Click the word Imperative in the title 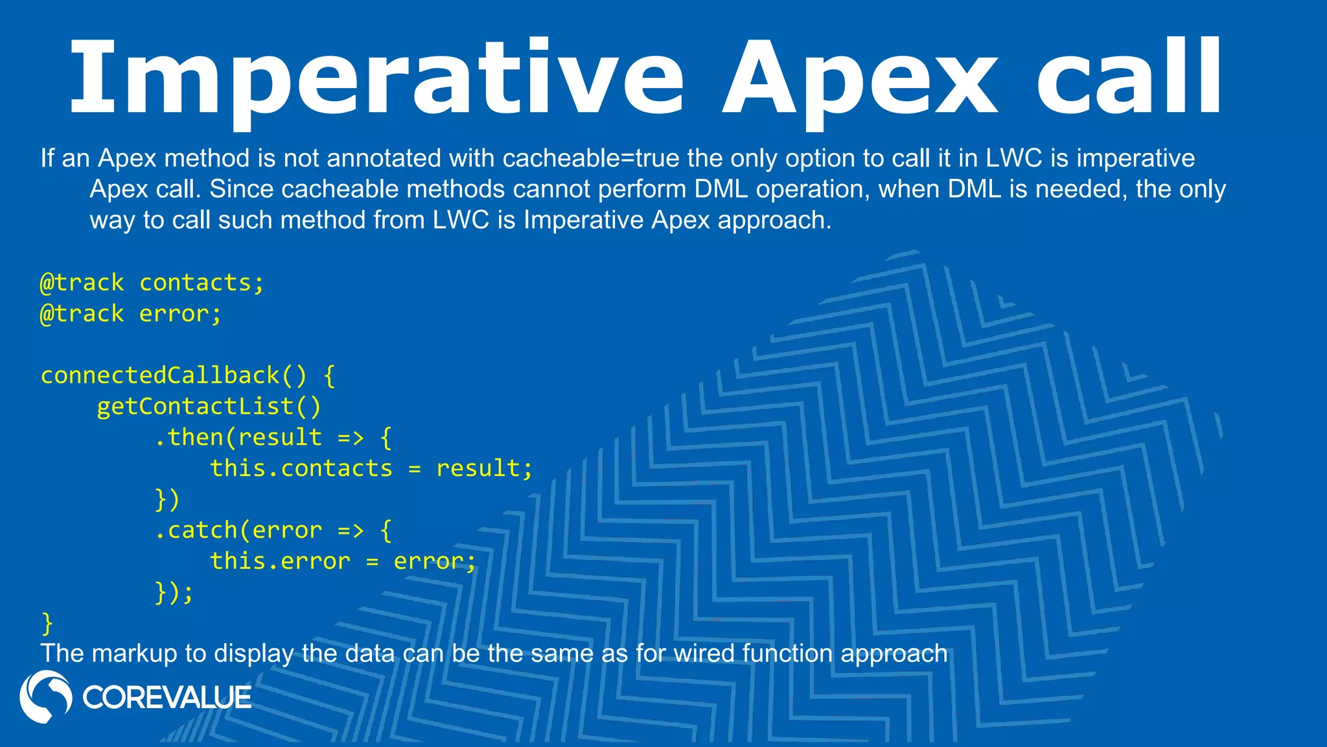(x=376, y=78)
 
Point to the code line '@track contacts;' (x=152, y=283)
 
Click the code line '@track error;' (x=131, y=314)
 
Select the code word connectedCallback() (x=174, y=376)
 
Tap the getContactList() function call (x=209, y=407)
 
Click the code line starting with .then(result (x=273, y=438)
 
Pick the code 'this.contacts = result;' (x=371, y=469)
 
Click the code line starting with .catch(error (x=273, y=531)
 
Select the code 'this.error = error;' (x=343, y=562)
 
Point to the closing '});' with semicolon (x=174, y=593)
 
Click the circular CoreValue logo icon (x=45, y=696)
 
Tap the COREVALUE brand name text (x=167, y=698)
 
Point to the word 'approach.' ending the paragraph (x=774, y=220)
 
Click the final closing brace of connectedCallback (x=47, y=623)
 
